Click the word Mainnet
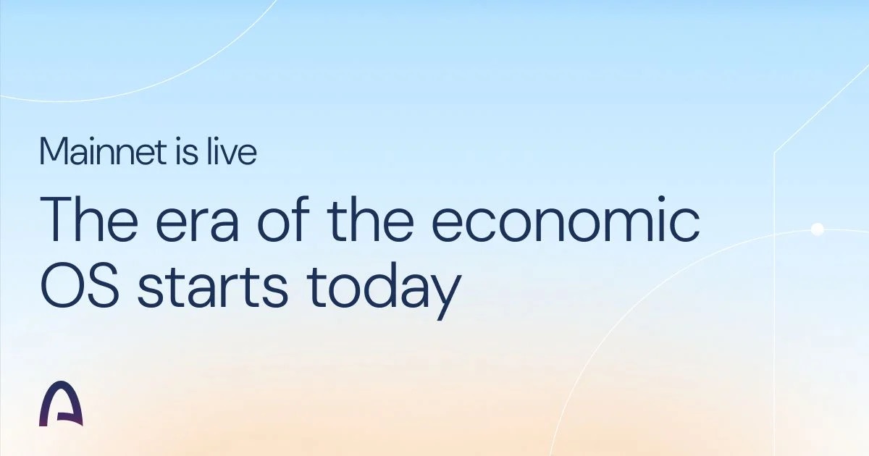coord(103,151)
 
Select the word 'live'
coord(232,151)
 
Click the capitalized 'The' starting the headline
coord(89,219)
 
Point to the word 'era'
coord(197,224)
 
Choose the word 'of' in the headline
coord(283,219)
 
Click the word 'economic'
coord(566,219)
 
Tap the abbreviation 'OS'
coord(80,285)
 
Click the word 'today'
coord(384,291)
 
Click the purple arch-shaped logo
coord(61,403)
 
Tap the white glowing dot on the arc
coord(818,229)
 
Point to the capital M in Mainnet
coord(54,151)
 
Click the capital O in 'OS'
coord(61,285)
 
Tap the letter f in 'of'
coord(300,219)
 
